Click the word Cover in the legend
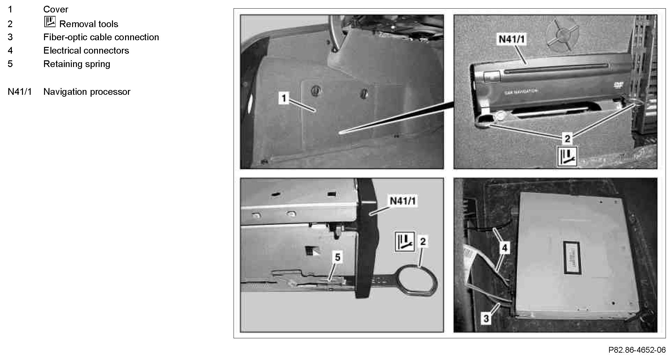56,9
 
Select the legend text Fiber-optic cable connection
101,37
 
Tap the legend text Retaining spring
77,64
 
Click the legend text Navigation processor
87,92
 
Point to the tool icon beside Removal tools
50,22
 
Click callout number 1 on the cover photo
284,98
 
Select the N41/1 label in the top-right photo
511,39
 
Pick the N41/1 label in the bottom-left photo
403,201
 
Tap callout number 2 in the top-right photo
567,139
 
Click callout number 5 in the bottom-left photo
338,257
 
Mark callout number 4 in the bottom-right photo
504,248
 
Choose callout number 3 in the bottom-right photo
486,318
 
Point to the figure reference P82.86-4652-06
637,350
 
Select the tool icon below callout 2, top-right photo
567,156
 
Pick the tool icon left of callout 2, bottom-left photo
405,242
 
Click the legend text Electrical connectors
86,50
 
